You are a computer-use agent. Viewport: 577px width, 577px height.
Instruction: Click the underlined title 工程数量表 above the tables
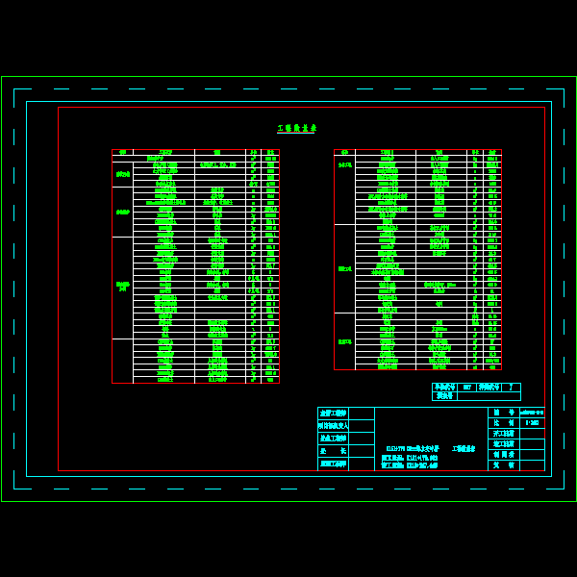click(x=296, y=128)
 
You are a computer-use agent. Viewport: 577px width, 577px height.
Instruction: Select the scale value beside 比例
click(x=532, y=423)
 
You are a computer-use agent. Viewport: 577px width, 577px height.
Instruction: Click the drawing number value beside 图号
click(x=532, y=413)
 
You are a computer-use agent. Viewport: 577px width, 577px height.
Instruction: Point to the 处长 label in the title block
click(x=333, y=451)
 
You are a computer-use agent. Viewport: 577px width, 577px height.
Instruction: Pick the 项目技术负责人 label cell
click(x=333, y=425)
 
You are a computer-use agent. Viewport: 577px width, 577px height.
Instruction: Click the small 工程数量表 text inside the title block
click(x=464, y=449)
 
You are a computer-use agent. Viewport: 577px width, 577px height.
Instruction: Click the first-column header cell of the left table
click(x=122, y=152)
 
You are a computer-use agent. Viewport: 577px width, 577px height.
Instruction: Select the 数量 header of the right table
click(x=492, y=152)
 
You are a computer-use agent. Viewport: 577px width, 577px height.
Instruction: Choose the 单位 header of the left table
click(x=253, y=152)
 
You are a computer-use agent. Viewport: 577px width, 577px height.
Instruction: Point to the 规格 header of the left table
click(x=218, y=152)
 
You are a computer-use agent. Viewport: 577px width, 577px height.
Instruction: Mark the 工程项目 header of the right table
click(x=386, y=152)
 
